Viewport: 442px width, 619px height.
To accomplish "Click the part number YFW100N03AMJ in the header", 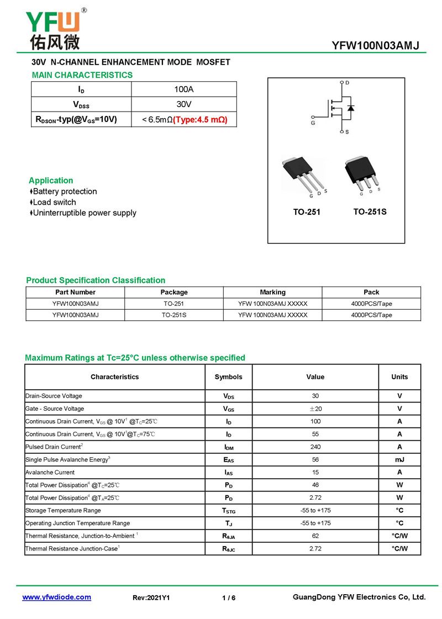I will [376, 46].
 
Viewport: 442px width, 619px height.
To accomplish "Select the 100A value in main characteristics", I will [184, 89].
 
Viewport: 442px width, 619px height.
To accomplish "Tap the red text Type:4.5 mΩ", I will [200, 119].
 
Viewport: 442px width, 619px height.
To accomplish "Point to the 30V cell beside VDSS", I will [184, 104].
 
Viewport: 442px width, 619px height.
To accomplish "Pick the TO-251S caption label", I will [370, 211].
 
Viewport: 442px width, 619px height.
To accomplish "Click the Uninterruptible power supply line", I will [85, 213].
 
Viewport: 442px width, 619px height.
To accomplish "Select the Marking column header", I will [272, 292].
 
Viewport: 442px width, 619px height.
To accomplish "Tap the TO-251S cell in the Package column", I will [174, 315].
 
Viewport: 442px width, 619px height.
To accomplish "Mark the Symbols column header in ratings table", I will [228, 377].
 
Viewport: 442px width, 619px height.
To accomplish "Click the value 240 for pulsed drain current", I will [315, 447].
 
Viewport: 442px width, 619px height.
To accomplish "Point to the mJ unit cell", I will [399, 459].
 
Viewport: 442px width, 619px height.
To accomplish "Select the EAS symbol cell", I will [228, 459].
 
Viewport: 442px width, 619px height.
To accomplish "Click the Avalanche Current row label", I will [50, 472].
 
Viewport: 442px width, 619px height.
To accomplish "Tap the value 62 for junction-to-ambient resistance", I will [315, 536].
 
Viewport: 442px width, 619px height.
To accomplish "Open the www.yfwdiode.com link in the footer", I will [56, 597].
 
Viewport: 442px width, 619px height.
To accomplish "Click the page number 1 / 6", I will [229, 598].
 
